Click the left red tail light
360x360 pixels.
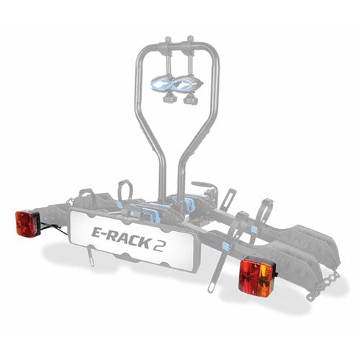pos(27,223)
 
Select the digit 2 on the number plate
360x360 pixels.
pos(158,244)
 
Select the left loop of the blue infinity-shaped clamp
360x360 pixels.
pos(163,84)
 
